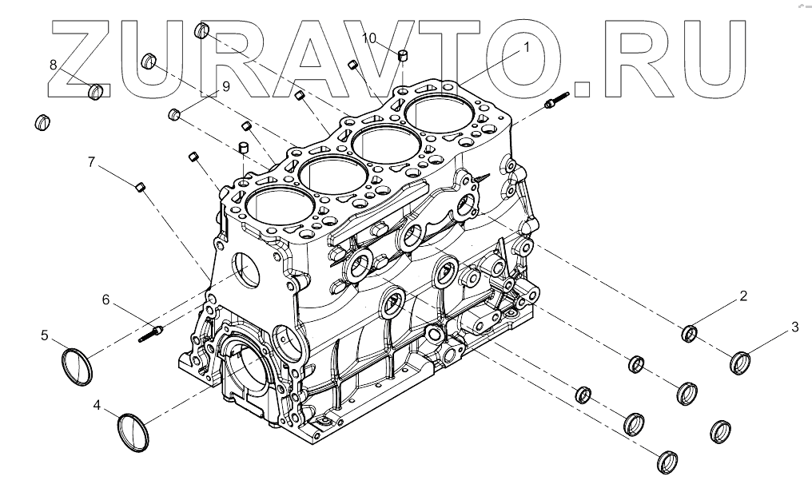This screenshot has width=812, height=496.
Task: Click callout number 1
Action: coord(527,47)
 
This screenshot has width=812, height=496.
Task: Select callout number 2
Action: coord(743,296)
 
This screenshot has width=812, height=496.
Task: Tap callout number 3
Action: coord(794,326)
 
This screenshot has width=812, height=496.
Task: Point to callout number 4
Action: coord(97,406)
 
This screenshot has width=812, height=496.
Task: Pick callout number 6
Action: coord(105,300)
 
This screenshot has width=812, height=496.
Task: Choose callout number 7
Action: coord(92,163)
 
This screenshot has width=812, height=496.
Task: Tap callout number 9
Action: coord(225,86)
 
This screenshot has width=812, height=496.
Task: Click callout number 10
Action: coord(368,38)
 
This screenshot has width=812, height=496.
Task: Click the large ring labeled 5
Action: coord(78,365)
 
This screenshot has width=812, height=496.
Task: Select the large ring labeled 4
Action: coord(133,432)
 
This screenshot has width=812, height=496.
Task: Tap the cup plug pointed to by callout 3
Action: coord(741,363)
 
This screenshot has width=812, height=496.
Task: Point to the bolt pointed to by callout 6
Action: coord(152,332)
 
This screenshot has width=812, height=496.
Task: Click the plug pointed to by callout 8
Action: coord(96,92)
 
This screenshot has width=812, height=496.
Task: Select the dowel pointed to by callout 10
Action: coord(404,56)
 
